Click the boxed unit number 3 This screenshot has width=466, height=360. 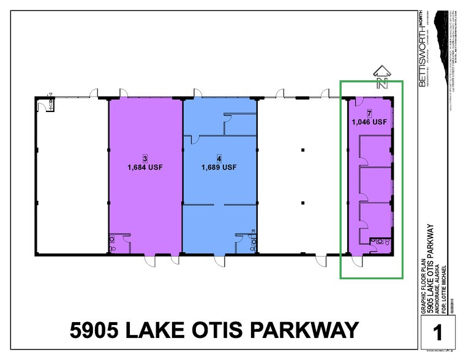pyautogui.click(x=145, y=157)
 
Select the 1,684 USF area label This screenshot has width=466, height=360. pyautogui.click(x=145, y=167)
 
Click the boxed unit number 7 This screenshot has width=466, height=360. pyautogui.click(x=369, y=113)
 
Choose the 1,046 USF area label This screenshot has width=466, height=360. pyautogui.click(x=369, y=122)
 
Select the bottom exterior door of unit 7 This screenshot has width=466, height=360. pyautogui.click(x=356, y=261)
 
